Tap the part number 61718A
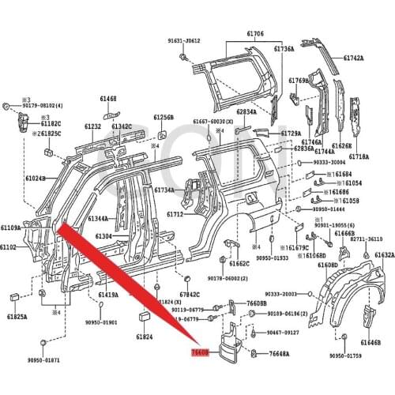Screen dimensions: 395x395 359,157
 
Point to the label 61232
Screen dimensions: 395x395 92,127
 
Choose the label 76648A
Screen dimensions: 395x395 278,355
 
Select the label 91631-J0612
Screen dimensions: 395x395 184,40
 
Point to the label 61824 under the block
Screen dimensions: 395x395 144,337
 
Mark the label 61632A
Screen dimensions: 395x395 385,255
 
